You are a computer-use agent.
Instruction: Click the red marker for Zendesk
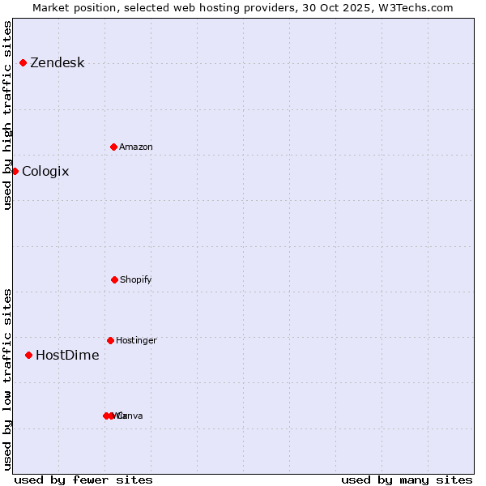(x=23, y=62)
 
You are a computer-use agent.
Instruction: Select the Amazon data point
(x=113, y=147)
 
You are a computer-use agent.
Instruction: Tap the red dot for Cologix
(x=15, y=171)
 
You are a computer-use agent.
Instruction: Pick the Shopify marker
(x=114, y=279)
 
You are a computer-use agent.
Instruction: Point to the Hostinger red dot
(x=110, y=340)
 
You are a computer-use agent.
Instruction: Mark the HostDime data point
(x=28, y=355)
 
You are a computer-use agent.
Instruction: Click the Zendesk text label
(x=57, y=63)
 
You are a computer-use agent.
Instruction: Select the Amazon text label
(x=135, y=147)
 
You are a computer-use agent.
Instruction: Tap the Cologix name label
(x=45, y=172)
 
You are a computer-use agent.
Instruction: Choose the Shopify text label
(x=135, y=280)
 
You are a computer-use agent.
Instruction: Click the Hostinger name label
(x=136, y=341)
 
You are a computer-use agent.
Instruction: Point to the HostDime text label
(x=67, y=356)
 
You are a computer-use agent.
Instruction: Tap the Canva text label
(x=131, y=416)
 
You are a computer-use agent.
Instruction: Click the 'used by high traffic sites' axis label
(x=7, y=115)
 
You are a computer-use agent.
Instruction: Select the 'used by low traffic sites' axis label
(x=7, y=378)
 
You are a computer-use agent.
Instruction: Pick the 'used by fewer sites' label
(x=83, y=480)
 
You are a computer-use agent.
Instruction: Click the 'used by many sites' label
(x=407, y=480)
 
